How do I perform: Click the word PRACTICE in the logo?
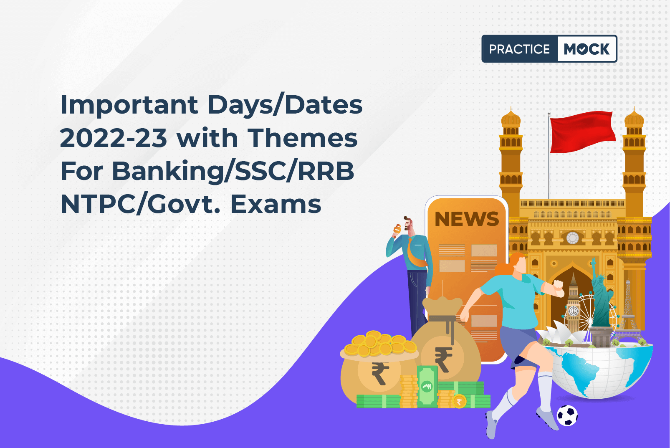[519, 49]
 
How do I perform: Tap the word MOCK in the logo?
[587, 49]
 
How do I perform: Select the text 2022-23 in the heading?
[114, 138]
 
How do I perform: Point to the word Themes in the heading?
[303, 138]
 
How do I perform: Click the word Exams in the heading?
[276, 204]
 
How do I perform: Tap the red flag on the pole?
[582, 131]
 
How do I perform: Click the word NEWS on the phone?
[467, 219]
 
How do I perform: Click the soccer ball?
[567, 415]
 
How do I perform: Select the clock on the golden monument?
[572, 238]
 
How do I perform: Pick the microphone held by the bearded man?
[397, 230]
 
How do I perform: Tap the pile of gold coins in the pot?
[379, 344]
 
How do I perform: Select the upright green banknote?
[427, 386]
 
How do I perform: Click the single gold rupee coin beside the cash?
[460, 401]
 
